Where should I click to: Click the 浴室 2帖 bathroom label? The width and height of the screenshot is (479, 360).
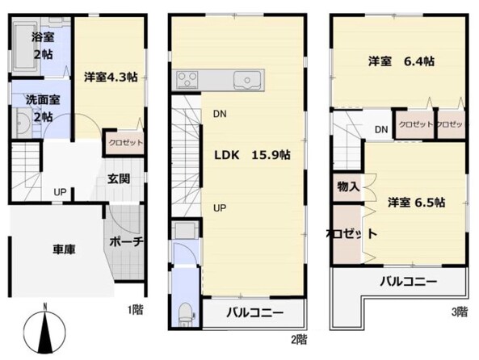pos(42,45)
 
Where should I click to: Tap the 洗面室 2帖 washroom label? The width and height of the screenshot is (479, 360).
pos(37,109)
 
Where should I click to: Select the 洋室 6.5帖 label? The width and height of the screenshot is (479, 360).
pos(415,203)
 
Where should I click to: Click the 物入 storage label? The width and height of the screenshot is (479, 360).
pos(348,186)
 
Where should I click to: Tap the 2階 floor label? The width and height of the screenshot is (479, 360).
pos(297,339)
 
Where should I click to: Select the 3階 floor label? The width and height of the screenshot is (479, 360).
pos(458,310)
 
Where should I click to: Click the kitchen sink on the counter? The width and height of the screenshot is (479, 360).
pos(245,80)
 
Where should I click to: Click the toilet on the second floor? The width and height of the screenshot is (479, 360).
pos(185,311)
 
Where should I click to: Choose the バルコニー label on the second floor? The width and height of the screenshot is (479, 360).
pos(254,312)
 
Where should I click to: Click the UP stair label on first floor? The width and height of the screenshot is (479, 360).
pos(60,191)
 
